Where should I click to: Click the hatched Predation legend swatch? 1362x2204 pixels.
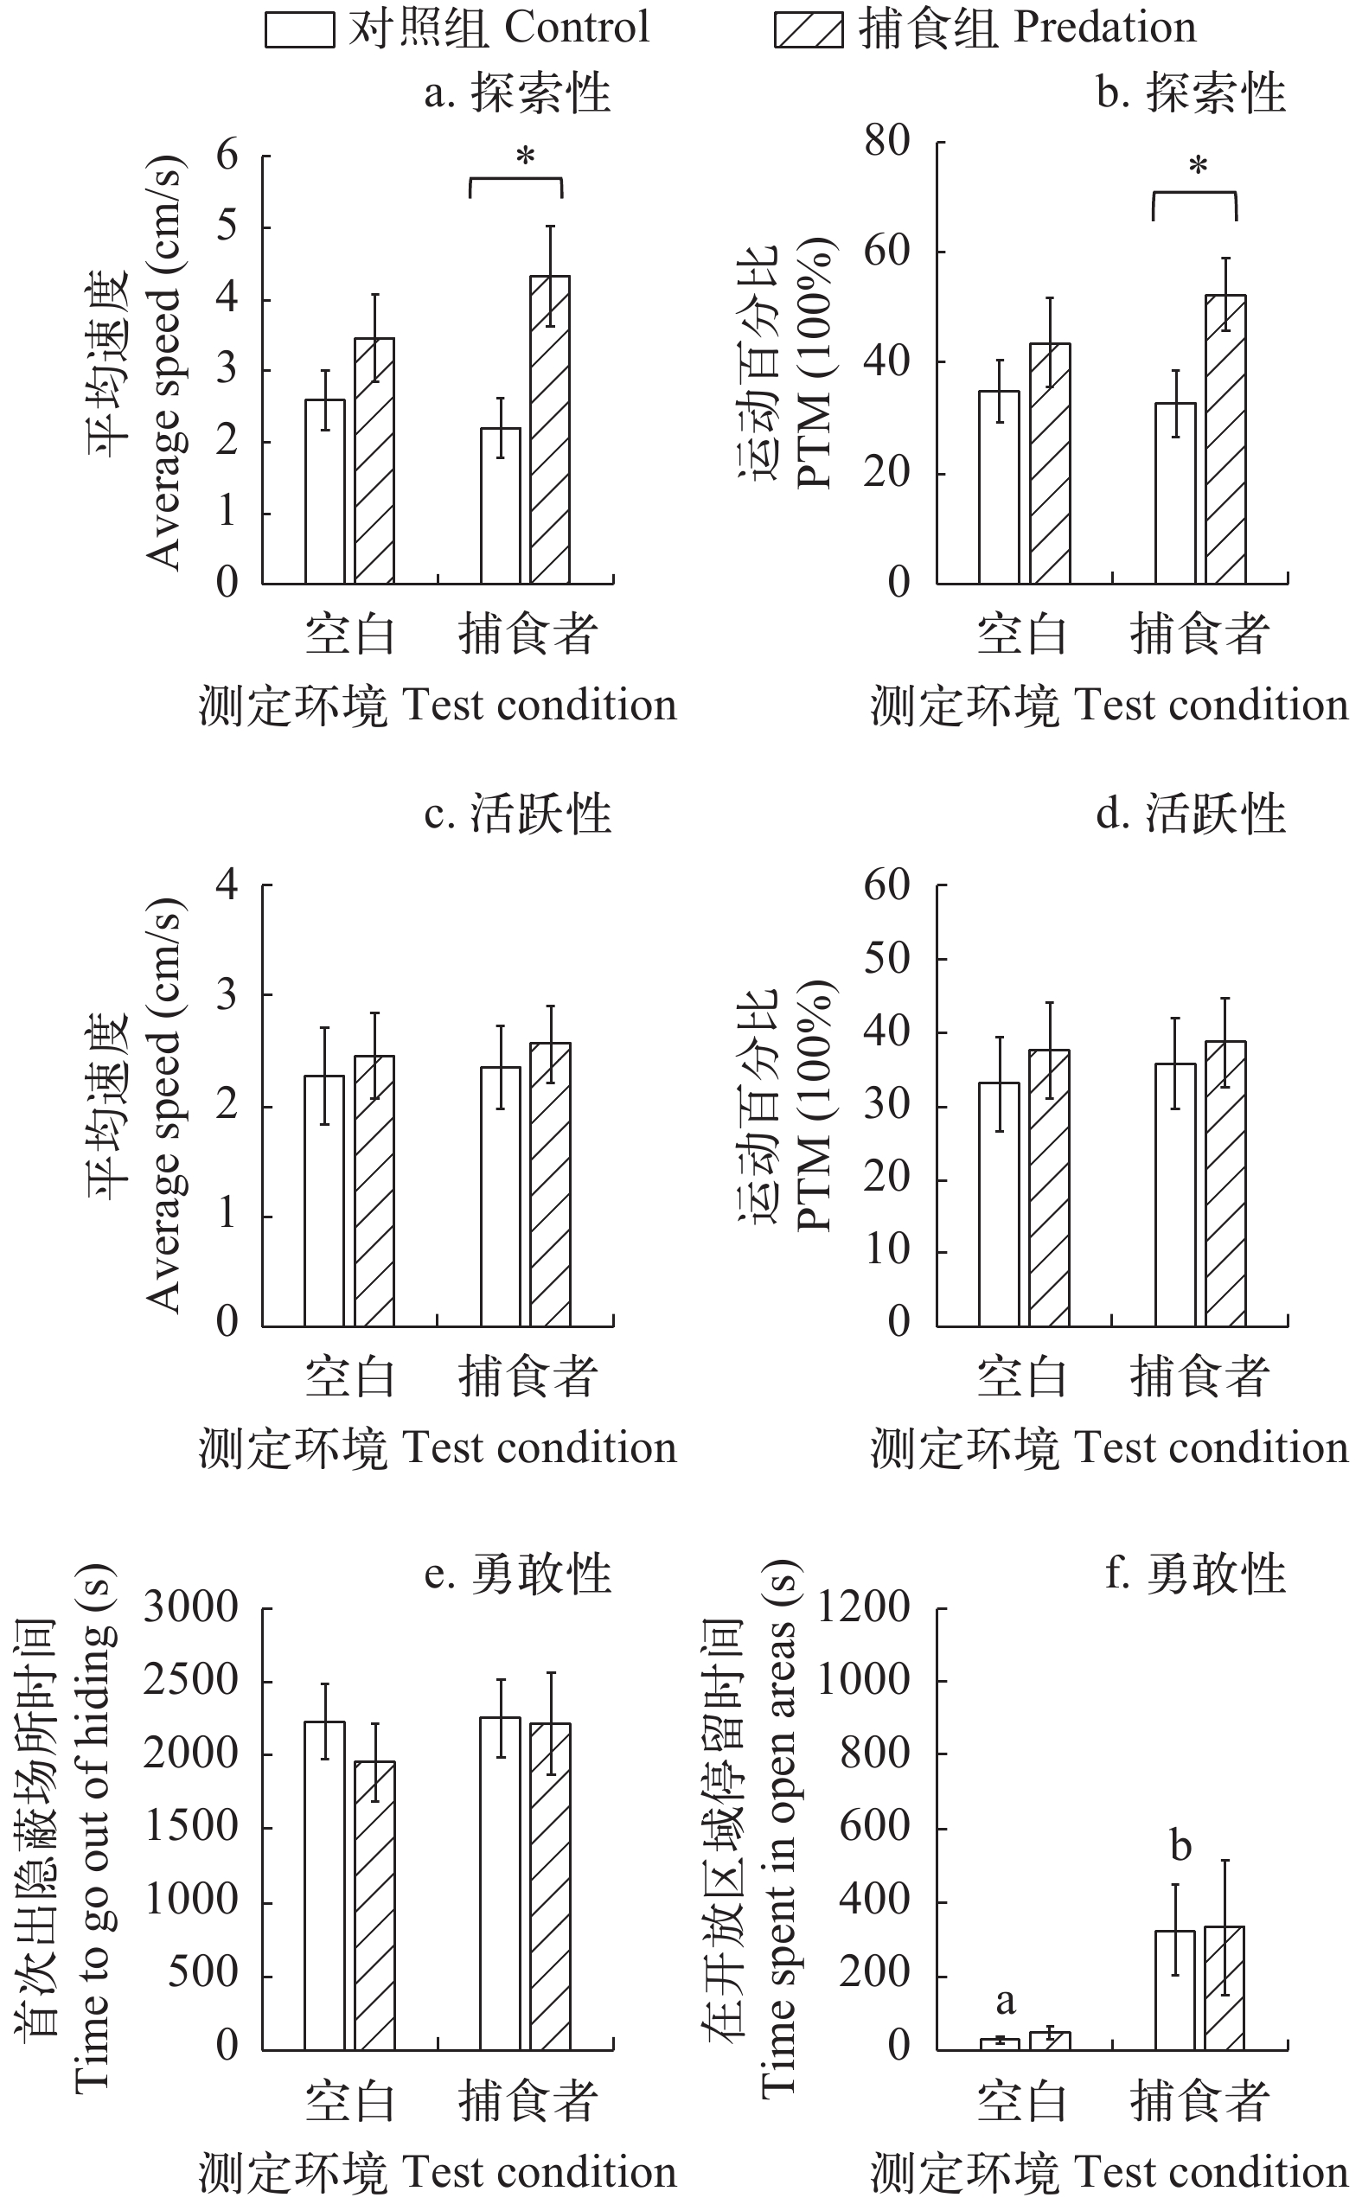coord(808,29)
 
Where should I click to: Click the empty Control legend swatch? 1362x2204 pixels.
coord(299,29)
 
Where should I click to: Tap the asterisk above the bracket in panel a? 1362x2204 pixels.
coord(525,158)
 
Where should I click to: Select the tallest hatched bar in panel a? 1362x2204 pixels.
coord(549,430)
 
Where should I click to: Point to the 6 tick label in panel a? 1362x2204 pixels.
coord(227,157)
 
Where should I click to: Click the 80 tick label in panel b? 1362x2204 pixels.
coord(887,143)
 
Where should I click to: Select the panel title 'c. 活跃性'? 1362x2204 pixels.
coord(517,814)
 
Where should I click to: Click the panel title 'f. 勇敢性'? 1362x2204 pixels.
coord(1194,1575)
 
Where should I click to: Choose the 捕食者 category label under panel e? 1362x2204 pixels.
coord(528,2101)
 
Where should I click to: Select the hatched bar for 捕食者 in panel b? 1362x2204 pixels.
coord(1225,439)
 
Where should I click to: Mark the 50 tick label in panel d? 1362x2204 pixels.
coord(887,959)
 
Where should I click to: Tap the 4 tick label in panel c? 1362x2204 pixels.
coord(227,885)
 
